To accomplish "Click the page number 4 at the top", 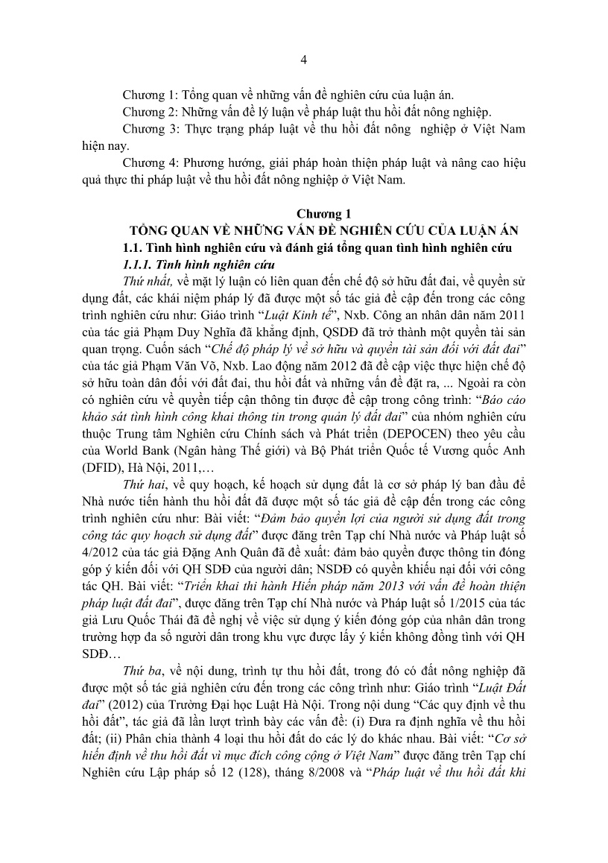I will pyautogui.click(x=304, y=60).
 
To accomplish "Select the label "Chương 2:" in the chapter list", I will pyautogui.click(x=149, y=112).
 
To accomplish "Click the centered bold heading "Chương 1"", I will pyautogui.click(x=303, y=212).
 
